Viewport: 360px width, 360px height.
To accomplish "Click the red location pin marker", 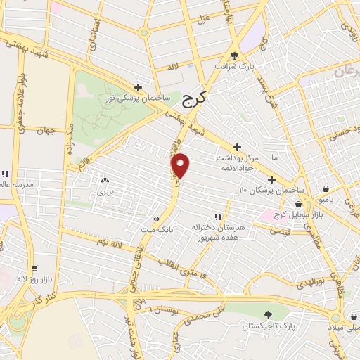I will coord(181,165).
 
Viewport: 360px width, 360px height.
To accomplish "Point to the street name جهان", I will coord(47,131).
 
